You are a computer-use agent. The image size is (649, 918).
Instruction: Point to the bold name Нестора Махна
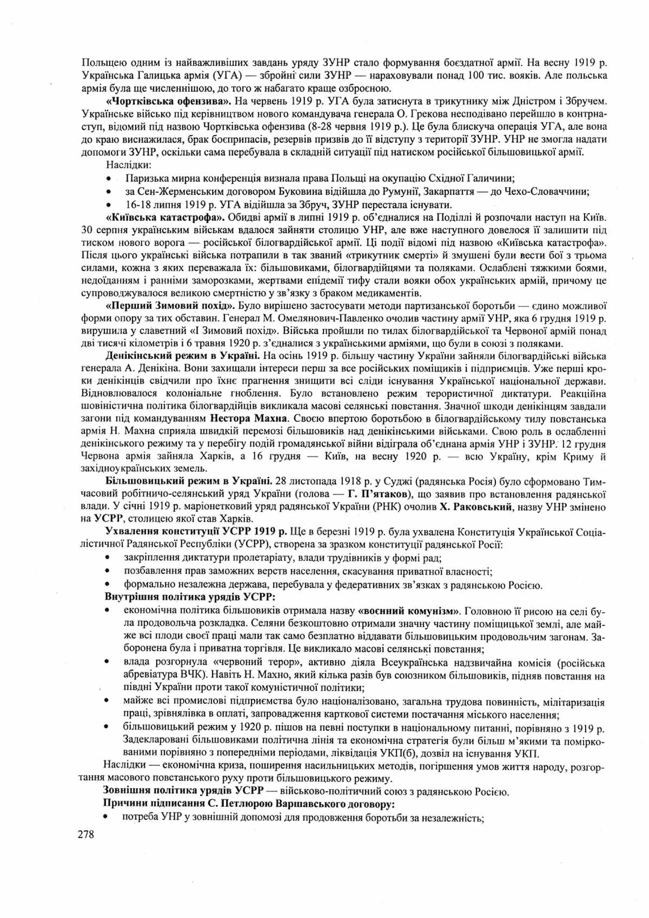pos(248,419)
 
